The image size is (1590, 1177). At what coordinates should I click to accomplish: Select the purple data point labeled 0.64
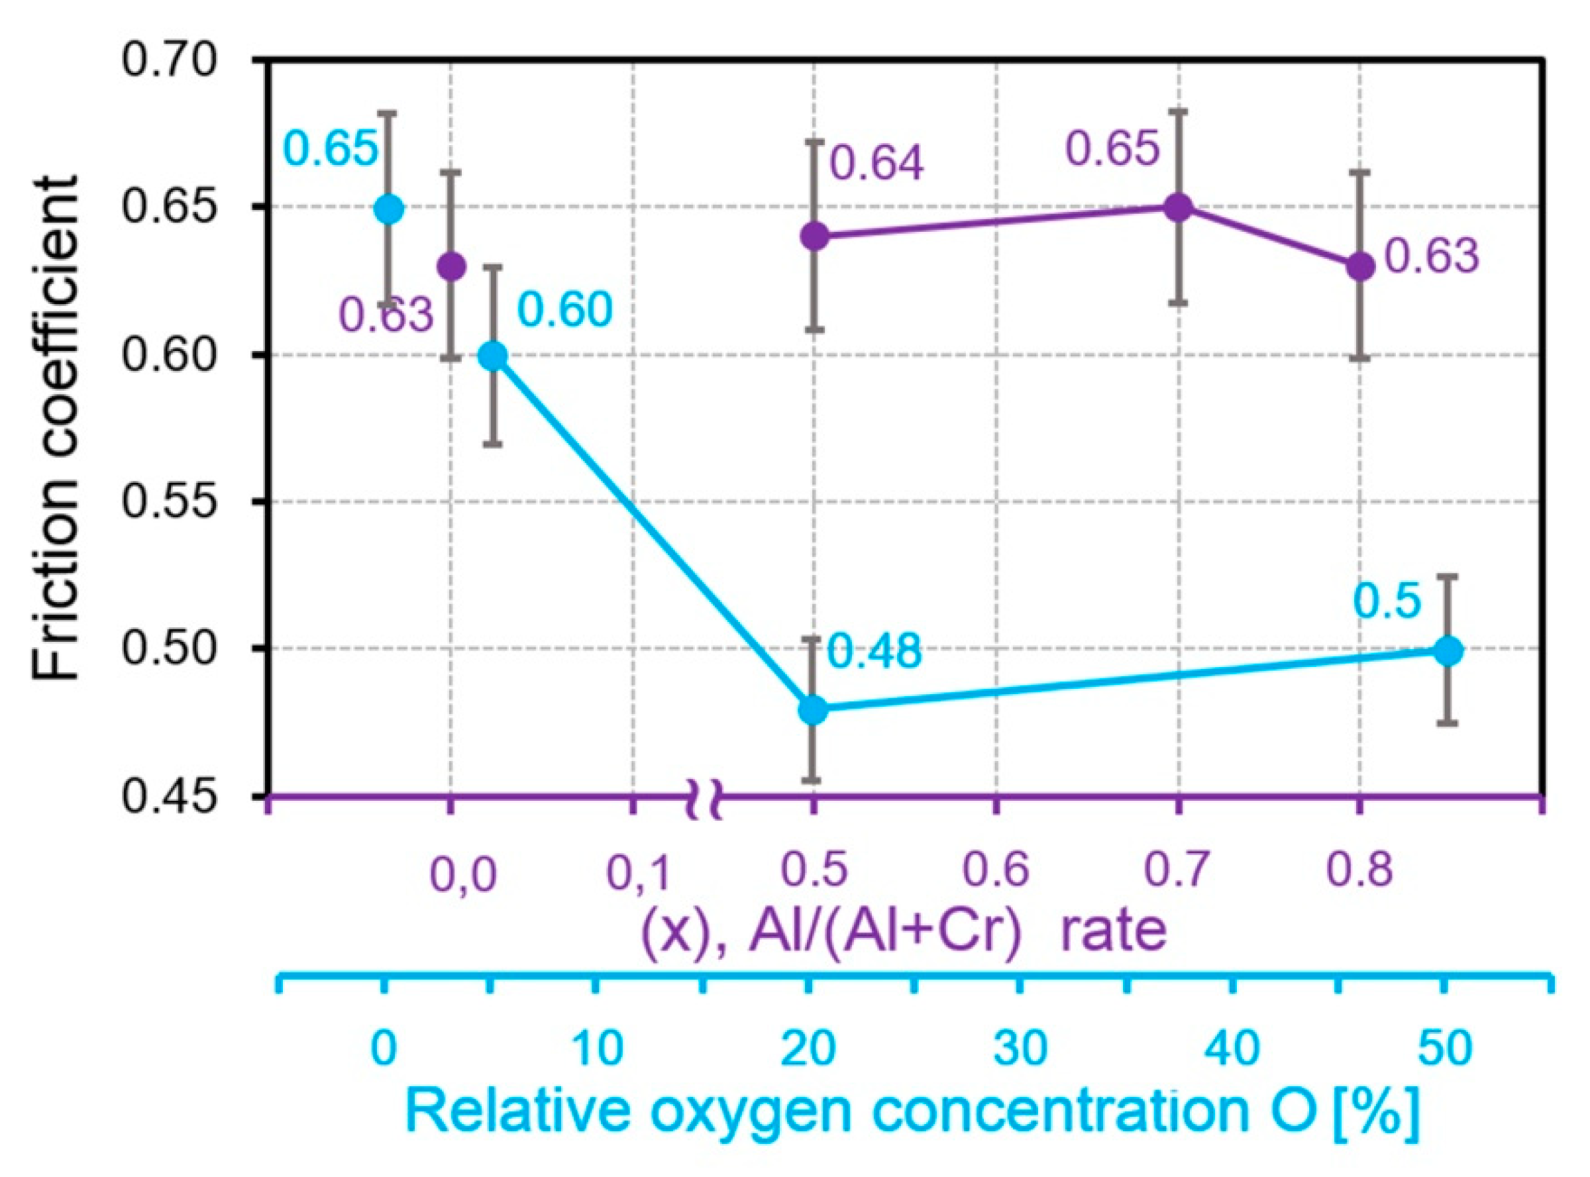point(815,236)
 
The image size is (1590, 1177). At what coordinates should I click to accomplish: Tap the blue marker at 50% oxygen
point(1448,650)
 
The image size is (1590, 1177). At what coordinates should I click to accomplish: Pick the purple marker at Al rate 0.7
point(1179,207)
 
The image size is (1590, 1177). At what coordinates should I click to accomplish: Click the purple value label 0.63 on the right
point(1432,256)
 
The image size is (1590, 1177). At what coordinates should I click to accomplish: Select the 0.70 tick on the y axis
point(169,60)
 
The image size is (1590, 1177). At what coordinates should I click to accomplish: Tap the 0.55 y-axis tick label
point(169,501)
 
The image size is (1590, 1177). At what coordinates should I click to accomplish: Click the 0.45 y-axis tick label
point(169,796)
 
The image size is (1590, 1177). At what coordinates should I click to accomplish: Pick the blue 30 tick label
point(1022,1049)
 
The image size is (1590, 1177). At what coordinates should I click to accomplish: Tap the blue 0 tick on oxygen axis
point(384,1049)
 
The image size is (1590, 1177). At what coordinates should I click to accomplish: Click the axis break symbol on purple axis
point(705,799)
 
